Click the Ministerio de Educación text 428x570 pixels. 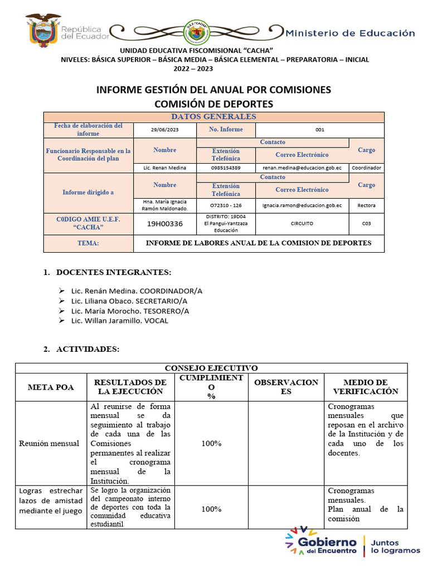tap(350, 33)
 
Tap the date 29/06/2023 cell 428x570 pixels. tap(165, 130)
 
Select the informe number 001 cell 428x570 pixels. tap(319, 130)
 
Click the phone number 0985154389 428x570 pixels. tap(226, 168)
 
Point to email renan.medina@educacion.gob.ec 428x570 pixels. tap(302, 168)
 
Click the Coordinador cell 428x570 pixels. tap(366, 168)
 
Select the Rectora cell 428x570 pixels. tap(366, 205)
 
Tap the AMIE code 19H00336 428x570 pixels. tap(165, 224)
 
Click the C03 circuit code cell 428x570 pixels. tap(366, 223)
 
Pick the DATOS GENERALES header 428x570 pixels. tap(213, 116)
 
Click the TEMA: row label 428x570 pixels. tap(88, 243)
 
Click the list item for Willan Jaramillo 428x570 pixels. tap(119, 321)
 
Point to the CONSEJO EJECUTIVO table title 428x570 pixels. tap(211, 368)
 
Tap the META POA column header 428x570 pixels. tap(51, 387)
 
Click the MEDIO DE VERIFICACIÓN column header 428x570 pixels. tap(366, 387)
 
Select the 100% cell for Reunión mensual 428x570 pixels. tap(211, 444)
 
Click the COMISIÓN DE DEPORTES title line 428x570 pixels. tap(213, 104)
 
